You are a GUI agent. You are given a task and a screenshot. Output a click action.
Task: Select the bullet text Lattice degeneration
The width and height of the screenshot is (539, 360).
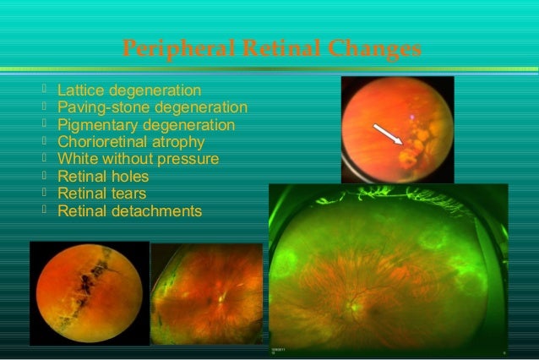129,90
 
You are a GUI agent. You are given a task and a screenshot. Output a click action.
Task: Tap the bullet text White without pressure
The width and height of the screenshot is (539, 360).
138,159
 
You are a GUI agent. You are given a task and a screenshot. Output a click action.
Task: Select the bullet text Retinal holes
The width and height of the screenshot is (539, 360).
103,177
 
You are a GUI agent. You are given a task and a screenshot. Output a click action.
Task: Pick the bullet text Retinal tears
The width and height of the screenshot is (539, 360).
101,194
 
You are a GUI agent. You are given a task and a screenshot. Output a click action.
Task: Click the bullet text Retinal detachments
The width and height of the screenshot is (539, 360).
129,210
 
